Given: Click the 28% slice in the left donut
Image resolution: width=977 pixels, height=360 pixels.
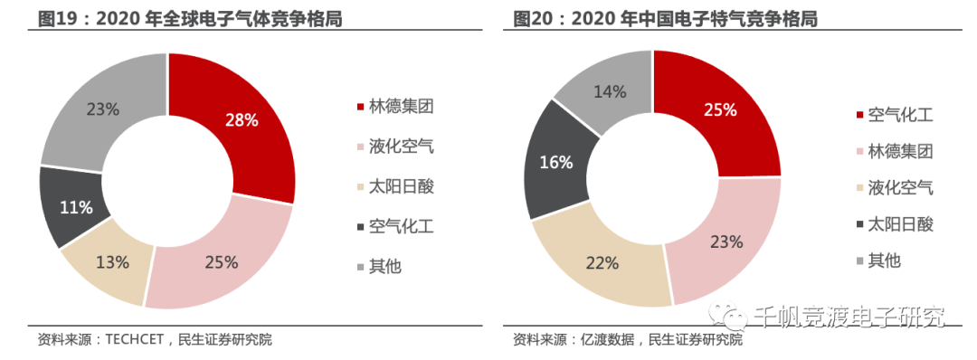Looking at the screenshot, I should click(x=242, y=120).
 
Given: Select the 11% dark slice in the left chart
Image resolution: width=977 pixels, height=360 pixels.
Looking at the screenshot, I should click(x=76, y=207).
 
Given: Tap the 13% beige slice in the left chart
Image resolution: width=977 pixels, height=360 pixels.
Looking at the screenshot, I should click(x=113, y=262).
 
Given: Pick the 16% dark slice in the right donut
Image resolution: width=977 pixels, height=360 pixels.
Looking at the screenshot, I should click(x=556, y=163).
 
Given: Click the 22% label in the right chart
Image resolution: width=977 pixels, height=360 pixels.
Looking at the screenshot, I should click(x=602, y=262).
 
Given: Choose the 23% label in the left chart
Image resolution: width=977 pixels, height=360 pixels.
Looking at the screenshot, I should click(x=102, y=109).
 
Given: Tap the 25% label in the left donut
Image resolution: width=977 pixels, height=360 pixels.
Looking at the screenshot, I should click(x=222, y=262).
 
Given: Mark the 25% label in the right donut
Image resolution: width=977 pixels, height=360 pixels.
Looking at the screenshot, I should click(x=721, y=109).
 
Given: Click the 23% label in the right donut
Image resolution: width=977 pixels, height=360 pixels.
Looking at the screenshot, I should click(x=726, y=242).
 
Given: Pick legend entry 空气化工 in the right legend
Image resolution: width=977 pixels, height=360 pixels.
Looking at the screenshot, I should click(x=900, y=115).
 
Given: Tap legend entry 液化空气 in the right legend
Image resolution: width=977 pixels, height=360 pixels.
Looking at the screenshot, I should click(x=900, y=188).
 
